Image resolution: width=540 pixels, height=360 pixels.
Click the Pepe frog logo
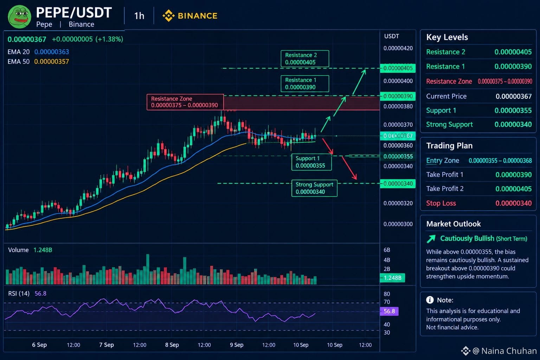pyautogui.click(x=20, y=17)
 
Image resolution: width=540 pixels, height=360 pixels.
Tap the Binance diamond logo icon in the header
pyautogui.click(x=168, y=16)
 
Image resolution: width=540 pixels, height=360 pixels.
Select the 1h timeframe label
pyautogui.click(x=139, y=16)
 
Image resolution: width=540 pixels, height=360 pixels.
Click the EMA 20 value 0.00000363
pyautogui.click(x=52, y=52)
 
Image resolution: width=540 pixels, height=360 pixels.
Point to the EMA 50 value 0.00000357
pyautogui.click(x=52, y=62)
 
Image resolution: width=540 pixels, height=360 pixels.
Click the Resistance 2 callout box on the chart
pyautogui.click(x=305, y=59)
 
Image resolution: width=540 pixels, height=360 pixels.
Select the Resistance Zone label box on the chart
pyautogui.click(x=185, y=102)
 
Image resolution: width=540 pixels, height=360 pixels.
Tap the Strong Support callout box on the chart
pyautogui.click(x=314, y=188)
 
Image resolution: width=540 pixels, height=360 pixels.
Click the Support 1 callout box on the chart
pyautogui.click(x=311, y=162)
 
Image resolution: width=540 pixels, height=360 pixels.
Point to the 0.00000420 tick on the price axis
pyautogui.click(x=398, y=48)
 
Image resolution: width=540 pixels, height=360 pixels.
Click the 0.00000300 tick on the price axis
pyautogui.click(x=398, y=224)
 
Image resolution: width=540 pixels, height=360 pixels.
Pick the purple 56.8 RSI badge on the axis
pyautogui.click(x=389, y=311)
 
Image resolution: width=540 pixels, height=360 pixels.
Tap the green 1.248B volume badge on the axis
pyautogui.click(x=392, y=278)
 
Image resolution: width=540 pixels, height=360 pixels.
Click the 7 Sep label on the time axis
pyautogui.click(x=106, y=345)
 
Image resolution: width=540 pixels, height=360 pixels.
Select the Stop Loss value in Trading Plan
pyautogui.click(x=514, y=203)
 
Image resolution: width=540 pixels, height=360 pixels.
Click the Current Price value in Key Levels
pyautogui.click(x=514, y=96)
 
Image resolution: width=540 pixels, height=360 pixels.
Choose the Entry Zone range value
pyautogui.click(x=500, y=161)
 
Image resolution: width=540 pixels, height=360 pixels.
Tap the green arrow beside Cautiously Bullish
pyautogui.click(x=431, y=239)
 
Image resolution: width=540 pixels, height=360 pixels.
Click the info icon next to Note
pyautogui.click(x=430, y=300)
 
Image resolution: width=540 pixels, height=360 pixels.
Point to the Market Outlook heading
pyautogui.click(x=454, y=224)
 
